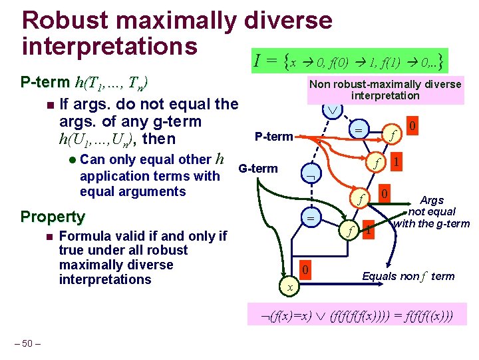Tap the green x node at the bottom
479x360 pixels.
point(289,286)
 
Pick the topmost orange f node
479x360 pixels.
point(393,132)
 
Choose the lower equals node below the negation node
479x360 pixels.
point(311,218)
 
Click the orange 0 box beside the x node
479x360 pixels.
point(303,270)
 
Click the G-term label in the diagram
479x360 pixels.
point(258,168)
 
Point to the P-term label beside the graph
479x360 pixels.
point(273,137)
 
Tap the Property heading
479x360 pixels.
point(53,217)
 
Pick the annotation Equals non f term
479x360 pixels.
point(408,276)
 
